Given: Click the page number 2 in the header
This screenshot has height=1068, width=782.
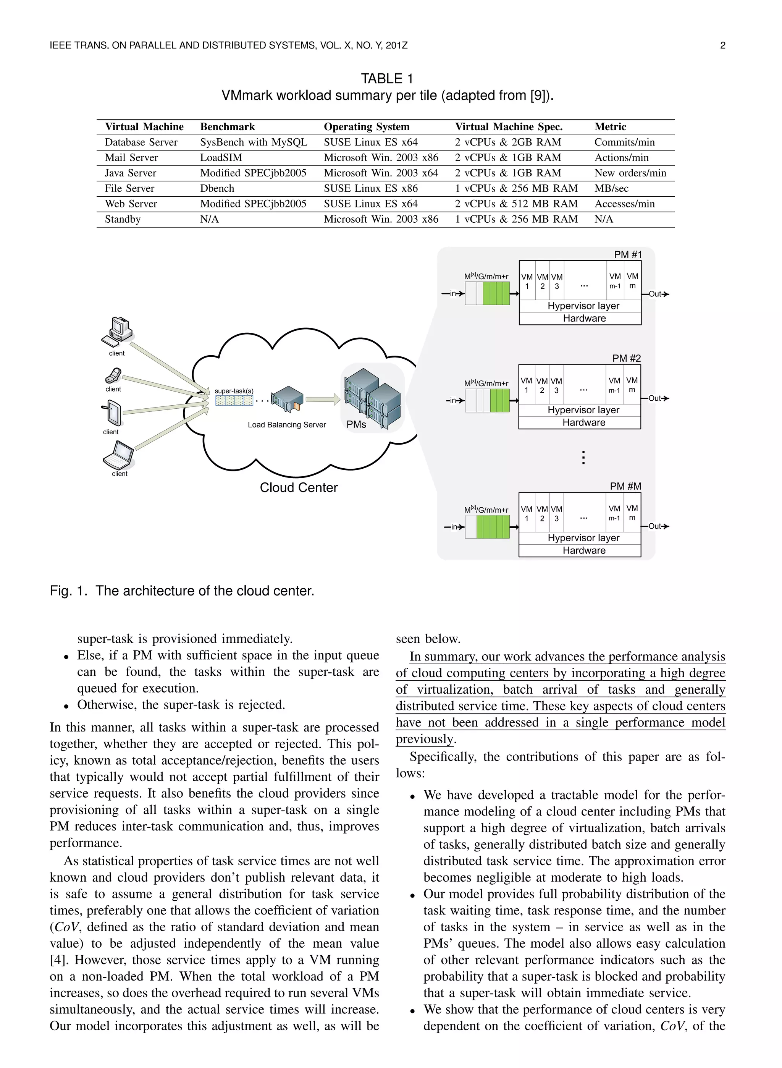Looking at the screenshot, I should [x=722, y=45].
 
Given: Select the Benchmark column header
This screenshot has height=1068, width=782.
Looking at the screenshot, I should [x=227, y=127].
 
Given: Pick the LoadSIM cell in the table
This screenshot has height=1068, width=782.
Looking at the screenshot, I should [x=221, y=158].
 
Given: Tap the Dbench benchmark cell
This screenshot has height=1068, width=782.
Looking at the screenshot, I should [x=217, y=188].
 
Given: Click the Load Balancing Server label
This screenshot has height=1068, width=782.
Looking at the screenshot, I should [x=287, y=425].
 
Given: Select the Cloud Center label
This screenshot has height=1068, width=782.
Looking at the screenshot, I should [x=299, y=488].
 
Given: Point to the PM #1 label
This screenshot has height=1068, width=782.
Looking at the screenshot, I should [x=628, y=255].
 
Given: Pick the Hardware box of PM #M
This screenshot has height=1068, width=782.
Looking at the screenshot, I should [x=584, y=550].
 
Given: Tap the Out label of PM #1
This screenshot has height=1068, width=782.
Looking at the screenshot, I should [x=655, y=294].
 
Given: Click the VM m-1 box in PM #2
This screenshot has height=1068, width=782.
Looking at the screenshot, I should [x=614, y=385].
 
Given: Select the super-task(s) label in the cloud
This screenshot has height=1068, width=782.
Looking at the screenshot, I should [x=234, y=391].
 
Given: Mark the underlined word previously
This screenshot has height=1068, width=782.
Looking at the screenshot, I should [x=424, y=739].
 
